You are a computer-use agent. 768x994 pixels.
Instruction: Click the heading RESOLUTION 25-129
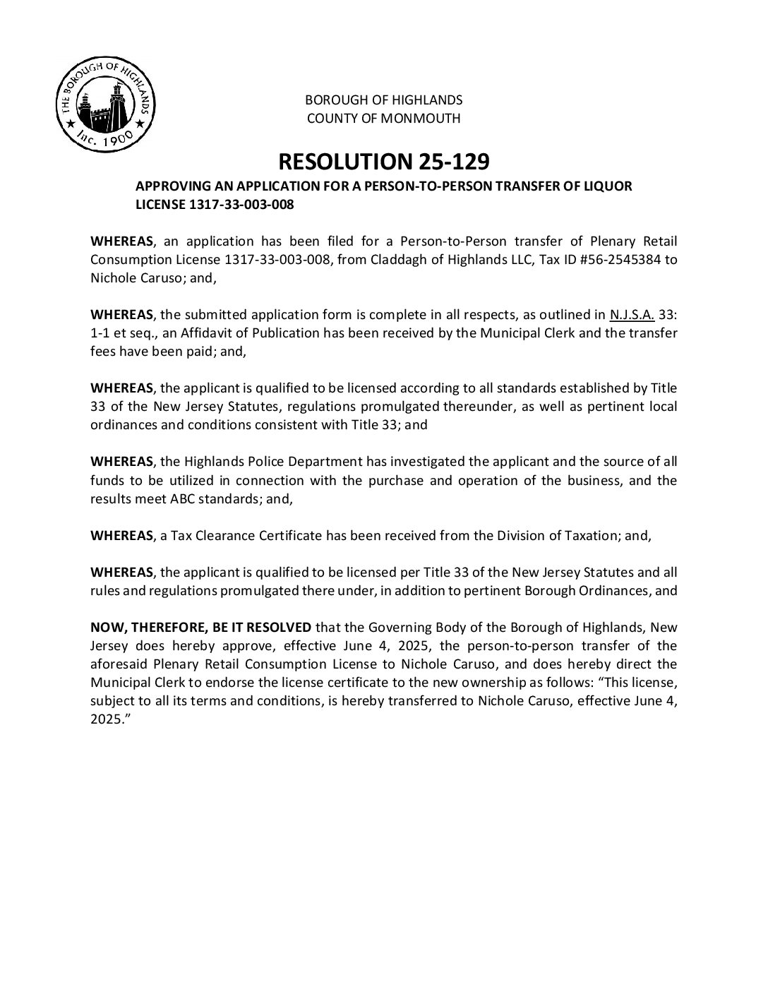383,162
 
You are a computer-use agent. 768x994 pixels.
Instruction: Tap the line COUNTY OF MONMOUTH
383,119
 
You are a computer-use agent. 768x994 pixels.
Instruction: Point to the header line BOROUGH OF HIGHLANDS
383,100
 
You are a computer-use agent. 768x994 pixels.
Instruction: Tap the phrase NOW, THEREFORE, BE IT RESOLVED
200,627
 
